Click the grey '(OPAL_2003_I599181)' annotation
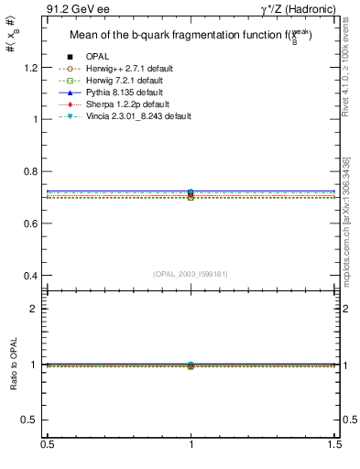[x=191, y=272]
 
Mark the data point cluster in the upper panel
[x=191, y=194]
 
